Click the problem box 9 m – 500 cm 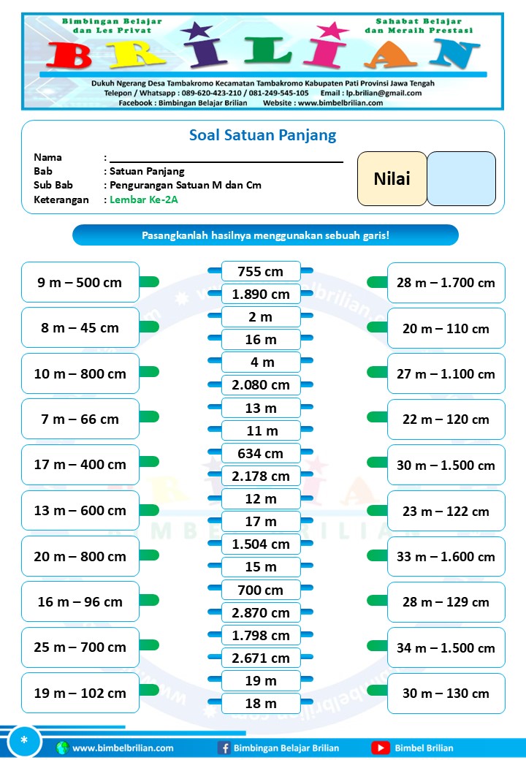80,282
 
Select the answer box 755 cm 261,272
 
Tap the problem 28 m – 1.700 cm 446,283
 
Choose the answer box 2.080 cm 261,385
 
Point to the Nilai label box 392,179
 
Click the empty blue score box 461,179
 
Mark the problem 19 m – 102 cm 80,693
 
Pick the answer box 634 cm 261,454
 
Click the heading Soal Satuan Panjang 262,135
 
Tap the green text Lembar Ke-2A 143,199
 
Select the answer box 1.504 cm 261,544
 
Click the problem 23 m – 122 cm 446,511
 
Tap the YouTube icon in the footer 380,748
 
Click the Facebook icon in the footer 224,748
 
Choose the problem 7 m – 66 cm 80,419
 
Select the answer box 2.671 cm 261,658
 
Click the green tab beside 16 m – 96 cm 149,601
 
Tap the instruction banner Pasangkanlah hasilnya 265,235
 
